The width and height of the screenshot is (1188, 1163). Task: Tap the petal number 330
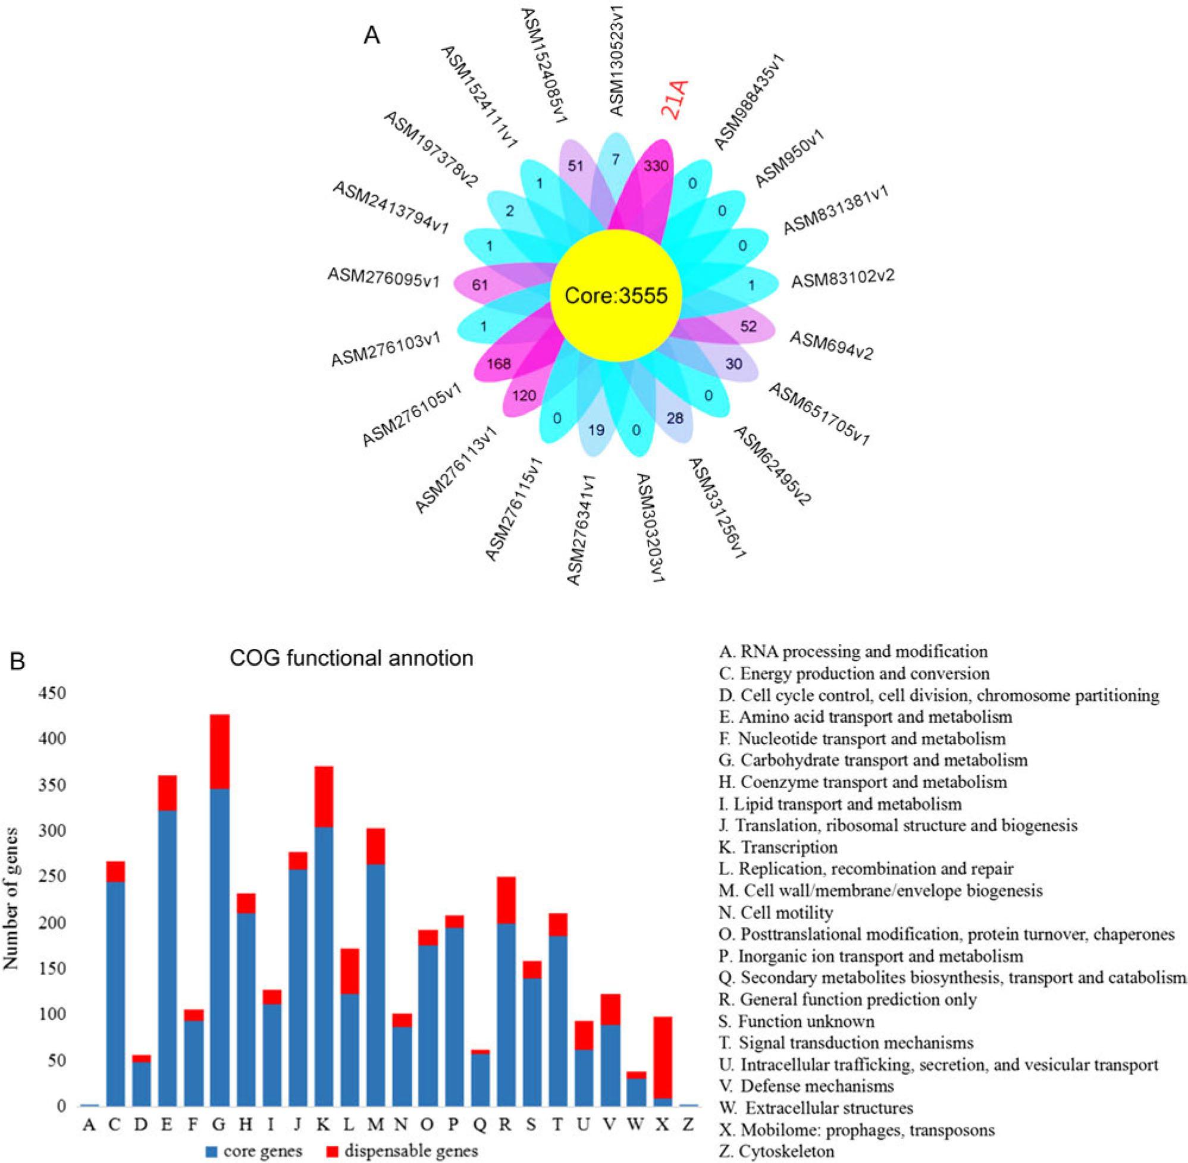tap(656, 165)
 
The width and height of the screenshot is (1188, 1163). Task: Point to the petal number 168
tap(499, 365)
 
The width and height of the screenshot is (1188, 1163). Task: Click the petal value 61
tap(480, 284)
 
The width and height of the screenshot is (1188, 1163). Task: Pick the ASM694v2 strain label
tap(831, 346)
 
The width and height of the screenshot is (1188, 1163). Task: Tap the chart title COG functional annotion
tap(351, 658)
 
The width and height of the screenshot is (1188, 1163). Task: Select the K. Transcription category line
tap(778, 847)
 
